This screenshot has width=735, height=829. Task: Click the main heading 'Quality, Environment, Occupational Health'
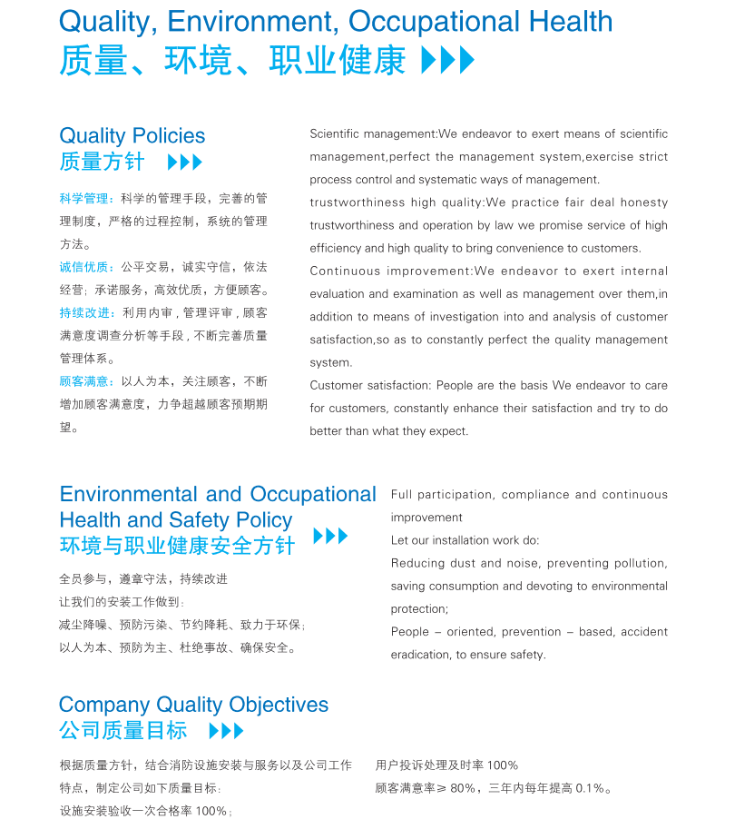[x=336, y=21]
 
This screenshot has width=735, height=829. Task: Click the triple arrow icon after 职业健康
[x=448, y=61]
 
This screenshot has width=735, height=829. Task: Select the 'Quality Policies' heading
[x=132, y=136]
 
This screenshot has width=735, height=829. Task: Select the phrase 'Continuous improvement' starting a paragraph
[x=390, y=271]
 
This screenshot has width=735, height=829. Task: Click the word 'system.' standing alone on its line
[x=330, y=363]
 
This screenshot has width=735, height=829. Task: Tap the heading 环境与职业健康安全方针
[x=177, y=547]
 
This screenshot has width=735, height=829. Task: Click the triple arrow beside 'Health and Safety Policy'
[x=330, y=536]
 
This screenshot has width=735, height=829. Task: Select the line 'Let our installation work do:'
[x=465, y=541]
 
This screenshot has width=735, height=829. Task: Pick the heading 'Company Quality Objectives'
[x=193, y=706]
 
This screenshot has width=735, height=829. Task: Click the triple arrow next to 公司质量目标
[x=226, y=731]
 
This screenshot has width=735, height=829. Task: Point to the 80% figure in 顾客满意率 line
[x=464, y=789]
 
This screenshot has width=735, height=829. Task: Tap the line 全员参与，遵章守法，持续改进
[x=143, y=579]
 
